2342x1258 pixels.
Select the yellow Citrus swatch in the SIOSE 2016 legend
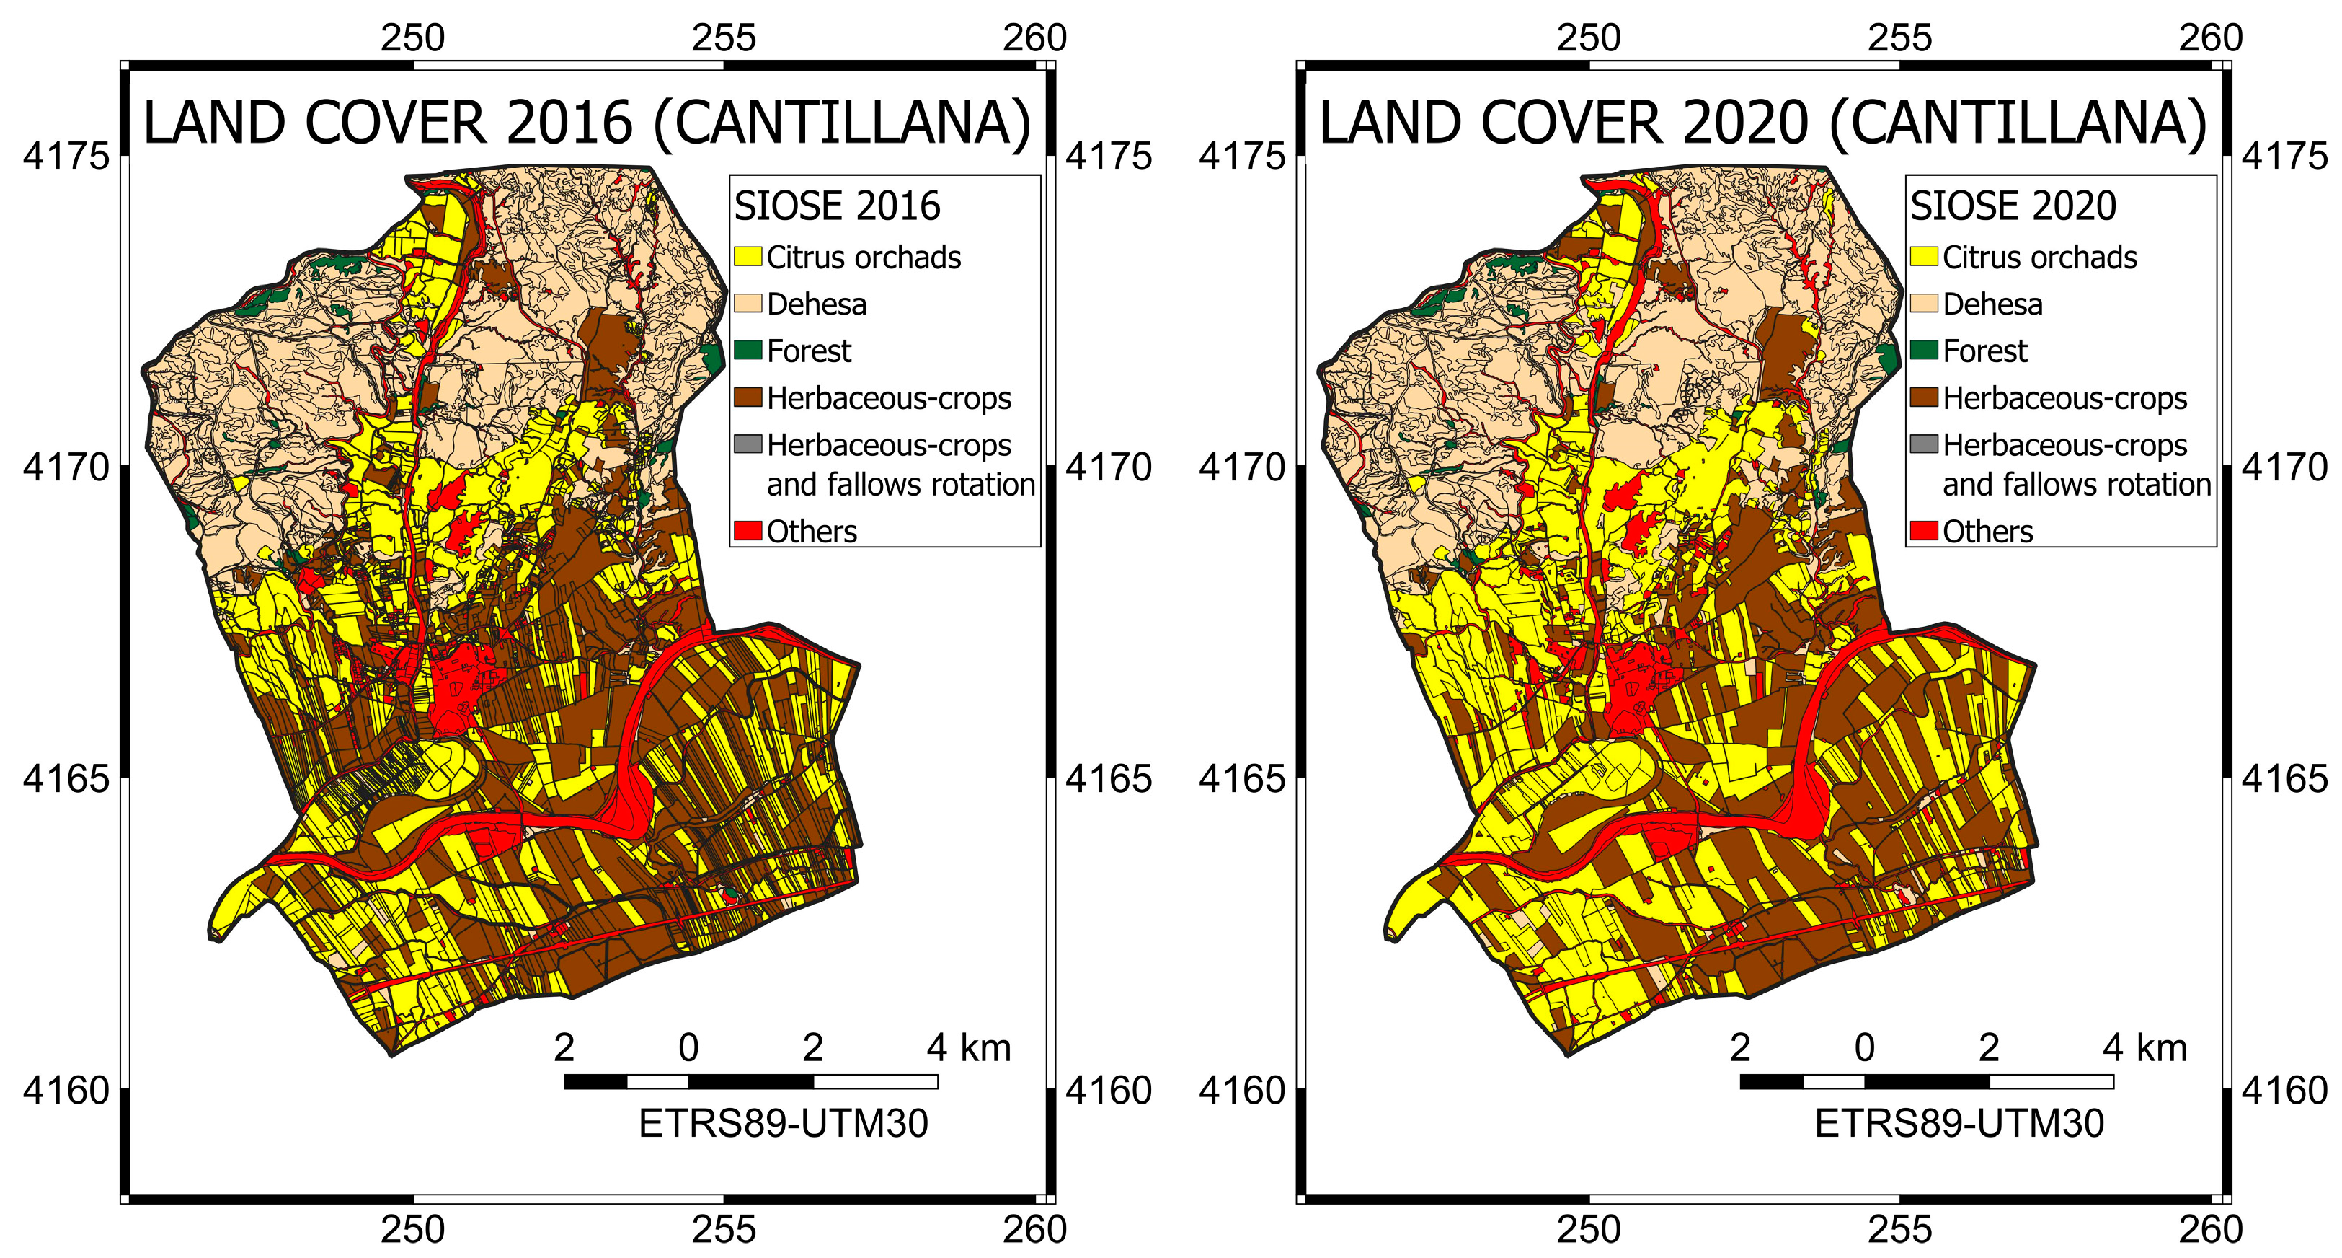point(748,257)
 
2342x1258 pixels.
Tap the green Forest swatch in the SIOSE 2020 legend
point(1923,350)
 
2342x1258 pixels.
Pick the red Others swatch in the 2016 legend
point(748,531)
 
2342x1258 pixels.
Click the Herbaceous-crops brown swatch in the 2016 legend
point(748,397)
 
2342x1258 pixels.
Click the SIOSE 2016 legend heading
point(836,206)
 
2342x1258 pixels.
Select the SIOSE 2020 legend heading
point(2012,206)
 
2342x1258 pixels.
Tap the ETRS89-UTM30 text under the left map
point(783,1123)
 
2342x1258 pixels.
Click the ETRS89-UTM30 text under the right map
point(1959,1123)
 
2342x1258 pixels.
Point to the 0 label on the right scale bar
point(1864,1048)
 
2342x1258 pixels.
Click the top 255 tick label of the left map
point(724,38)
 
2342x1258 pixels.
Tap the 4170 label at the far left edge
point(66,467)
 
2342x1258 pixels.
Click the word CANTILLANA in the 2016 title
point(841,123)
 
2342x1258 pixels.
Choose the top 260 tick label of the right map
point(2210,38)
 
